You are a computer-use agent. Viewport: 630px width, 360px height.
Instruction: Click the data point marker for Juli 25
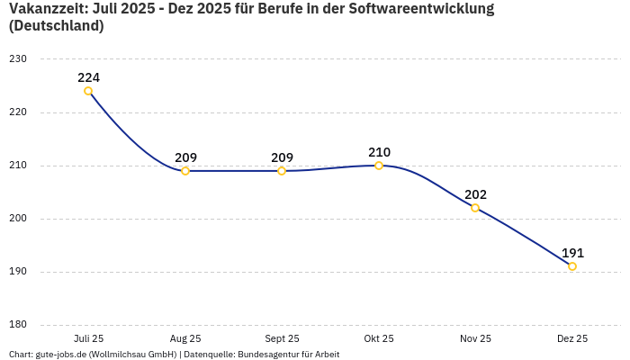(x=88, y=91)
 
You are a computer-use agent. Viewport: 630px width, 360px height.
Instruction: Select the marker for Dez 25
(x=572, y=266)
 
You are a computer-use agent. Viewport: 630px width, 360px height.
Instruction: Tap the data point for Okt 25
(x=379, y=166)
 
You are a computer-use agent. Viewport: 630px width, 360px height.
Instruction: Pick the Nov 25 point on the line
(x=475, y=208)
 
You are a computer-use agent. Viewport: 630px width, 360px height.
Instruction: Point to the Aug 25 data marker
(x=185, y=171)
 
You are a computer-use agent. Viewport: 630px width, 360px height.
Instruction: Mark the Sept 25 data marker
(x=282, y=171)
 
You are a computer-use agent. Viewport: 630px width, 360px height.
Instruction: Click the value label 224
(x=88, y=77)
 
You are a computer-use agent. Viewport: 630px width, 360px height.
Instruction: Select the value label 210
(x=379, y=152)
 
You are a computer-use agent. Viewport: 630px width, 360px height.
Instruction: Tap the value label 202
(x=475, y=194)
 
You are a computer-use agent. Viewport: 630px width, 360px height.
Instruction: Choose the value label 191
(x=572, y=253)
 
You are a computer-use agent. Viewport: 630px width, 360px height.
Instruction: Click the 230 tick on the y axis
(x=18, y=59)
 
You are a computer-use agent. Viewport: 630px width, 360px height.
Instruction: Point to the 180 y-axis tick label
(x=18, y=325)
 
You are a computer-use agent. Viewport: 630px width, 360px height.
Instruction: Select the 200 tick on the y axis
(x=18, y=219)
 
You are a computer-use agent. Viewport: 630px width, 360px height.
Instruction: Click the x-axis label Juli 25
(x=88, y=338)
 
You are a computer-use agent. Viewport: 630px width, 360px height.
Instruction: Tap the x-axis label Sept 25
(x=282, y=338)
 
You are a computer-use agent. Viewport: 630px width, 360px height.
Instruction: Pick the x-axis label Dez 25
(x=572, y=338)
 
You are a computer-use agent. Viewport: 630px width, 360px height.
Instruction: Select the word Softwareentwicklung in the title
(x=422, y=9)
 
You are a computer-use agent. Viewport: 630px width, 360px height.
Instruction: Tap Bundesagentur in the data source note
(x=265, y=355)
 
